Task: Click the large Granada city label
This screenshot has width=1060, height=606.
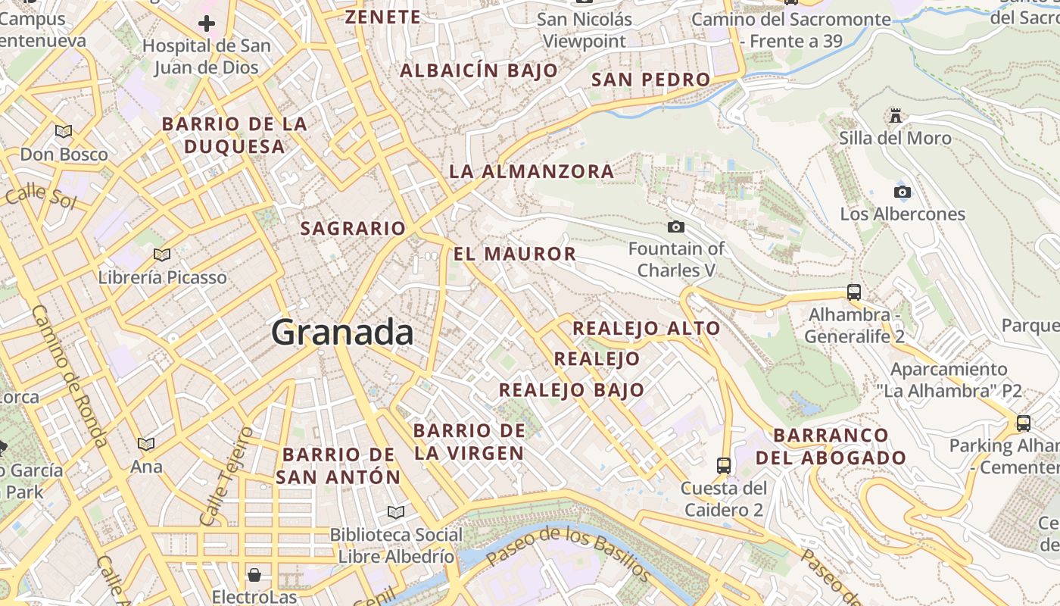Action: (342, 333)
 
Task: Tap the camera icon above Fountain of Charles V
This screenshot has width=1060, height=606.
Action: (676, 226)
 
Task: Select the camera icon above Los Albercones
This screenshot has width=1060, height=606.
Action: (903, 192)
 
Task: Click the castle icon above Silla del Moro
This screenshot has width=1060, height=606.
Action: (896, 116)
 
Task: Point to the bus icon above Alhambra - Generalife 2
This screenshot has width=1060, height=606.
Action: (854, 292)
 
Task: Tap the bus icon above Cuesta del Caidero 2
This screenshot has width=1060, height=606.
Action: (724, 465)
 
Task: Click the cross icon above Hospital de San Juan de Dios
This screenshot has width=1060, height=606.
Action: (206, 23)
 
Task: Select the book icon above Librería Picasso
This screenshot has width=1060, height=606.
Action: (162, 255)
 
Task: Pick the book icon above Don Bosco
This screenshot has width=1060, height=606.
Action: (64, 132)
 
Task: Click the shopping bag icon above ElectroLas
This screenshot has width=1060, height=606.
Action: (254, 575)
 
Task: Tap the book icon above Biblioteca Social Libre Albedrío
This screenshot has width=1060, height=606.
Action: (395, 512)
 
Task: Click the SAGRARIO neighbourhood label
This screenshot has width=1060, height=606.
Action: (353, 228)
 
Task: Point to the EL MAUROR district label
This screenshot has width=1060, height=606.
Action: (515, 254)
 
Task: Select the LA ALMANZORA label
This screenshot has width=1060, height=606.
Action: (532, 172)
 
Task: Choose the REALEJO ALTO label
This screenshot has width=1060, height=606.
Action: (646, 328)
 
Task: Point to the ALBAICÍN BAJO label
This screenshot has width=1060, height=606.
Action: (479, 71)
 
